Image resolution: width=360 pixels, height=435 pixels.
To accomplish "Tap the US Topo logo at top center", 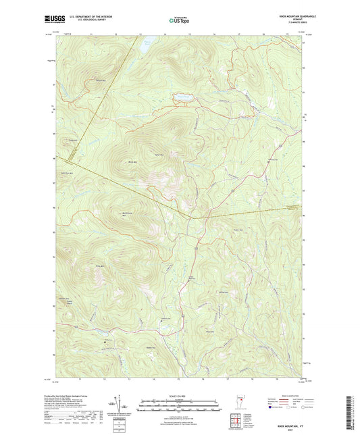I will click(x=175, y=21).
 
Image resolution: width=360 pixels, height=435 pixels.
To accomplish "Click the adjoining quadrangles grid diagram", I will click(x=236, y=420).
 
